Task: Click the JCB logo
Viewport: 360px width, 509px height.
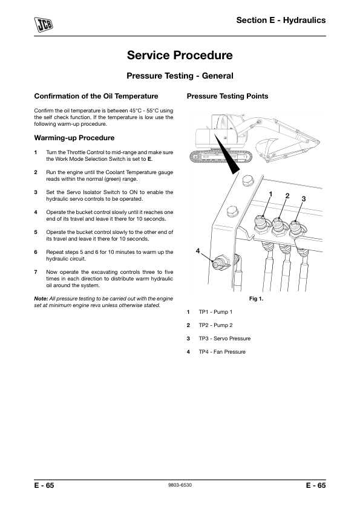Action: tap(44, 24)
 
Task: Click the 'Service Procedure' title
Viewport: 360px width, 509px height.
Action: tap(180, 55)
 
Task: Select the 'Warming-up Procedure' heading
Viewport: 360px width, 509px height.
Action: tap(74, 138)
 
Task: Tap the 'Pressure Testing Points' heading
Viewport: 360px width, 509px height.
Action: tap(227, 96)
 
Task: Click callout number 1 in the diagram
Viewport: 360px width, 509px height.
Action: tap(270, 194)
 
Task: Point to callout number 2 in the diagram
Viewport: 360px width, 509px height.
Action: tap(287, 196)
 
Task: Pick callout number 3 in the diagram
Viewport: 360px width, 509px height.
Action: tap(304, 199)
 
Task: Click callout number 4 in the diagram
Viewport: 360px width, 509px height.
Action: tap(197, 251)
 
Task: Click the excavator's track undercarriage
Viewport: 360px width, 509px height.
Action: tap(221, 157)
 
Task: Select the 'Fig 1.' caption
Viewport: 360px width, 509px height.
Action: tap(256, 299)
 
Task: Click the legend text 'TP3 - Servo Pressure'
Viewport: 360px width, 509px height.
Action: tap(224, 339)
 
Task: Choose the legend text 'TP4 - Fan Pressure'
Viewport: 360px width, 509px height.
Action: tap(222, 352)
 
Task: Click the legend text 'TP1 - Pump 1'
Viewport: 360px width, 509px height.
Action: tap(216, 312)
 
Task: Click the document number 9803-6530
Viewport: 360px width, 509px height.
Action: tap(180, 485)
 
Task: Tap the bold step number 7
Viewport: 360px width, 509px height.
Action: tap(36, 272)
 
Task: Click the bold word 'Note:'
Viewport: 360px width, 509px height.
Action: tap(41, 299)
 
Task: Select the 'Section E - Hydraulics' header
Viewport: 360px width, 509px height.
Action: tap(281, 20)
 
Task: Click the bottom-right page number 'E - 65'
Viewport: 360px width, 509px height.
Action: tap(316, 485)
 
